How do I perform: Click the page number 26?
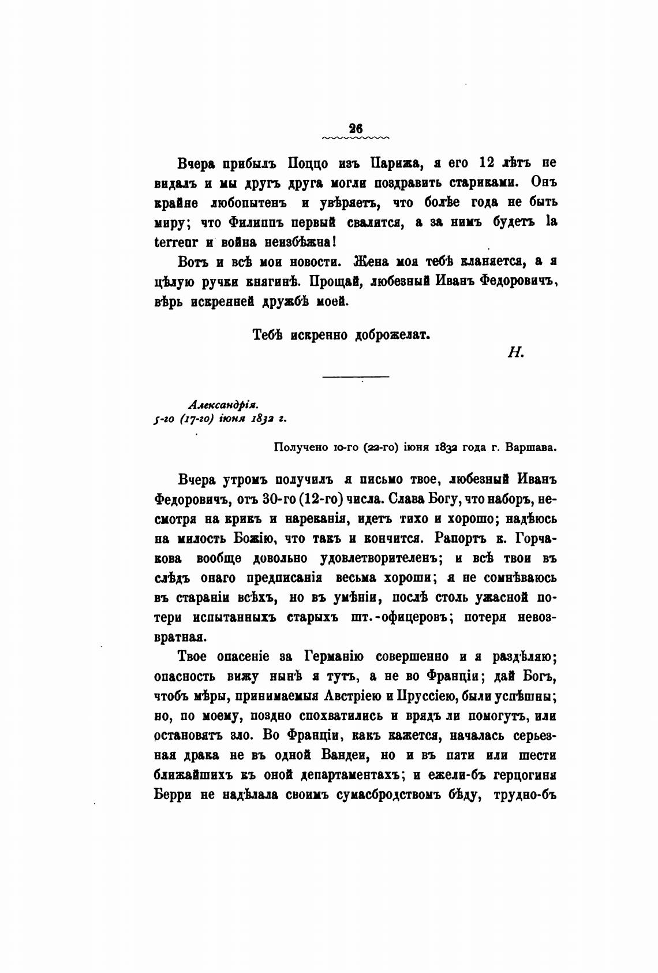(x=355, y=129)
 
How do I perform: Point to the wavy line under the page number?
(x=355, y=139)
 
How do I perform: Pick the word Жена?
(x=375, y=262)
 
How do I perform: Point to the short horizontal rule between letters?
(x=355, y=378)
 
